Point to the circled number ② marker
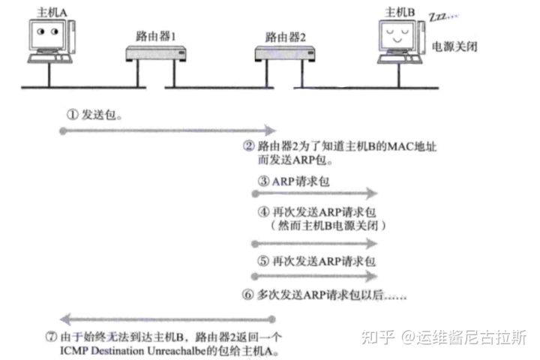pyautogui.click(x=249, y=146)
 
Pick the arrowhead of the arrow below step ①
pyautogui.click(x=262, y=130)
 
